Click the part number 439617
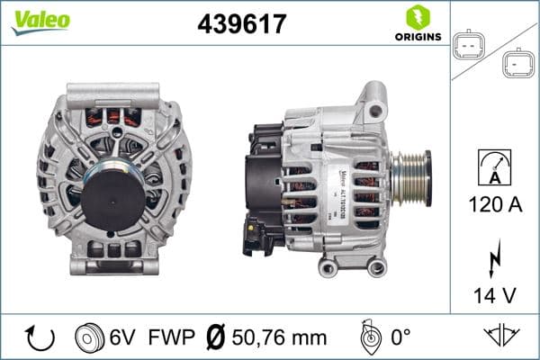click(241, 24)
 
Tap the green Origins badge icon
click(416, 17)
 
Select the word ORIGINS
click(417, 38)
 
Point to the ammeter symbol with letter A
click(493, 168)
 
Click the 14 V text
click(493, 294)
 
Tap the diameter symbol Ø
click(217, 337)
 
